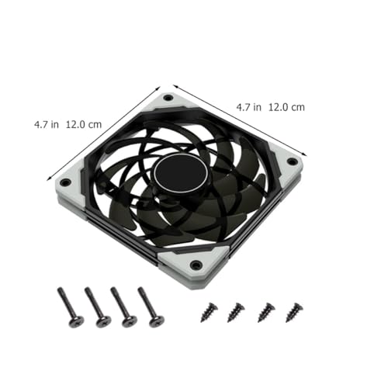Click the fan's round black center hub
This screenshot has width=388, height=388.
click(x=181, y=173)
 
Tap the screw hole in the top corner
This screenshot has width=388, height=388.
click(x=168, y=98)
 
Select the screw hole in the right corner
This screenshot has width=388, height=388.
click(x=293, y=161)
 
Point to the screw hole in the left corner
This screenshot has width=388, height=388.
click(x=65, y=182)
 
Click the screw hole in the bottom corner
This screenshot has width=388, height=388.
click(x=196, y=265)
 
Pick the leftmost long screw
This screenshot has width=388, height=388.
click(x=70, y=307)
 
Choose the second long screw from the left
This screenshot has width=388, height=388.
click(x=98, y=307)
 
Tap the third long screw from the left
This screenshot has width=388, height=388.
click(x=123, y=307)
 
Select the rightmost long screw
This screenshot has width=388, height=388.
click(x=151, y=307)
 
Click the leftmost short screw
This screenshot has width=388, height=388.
click(x=209, y=312)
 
